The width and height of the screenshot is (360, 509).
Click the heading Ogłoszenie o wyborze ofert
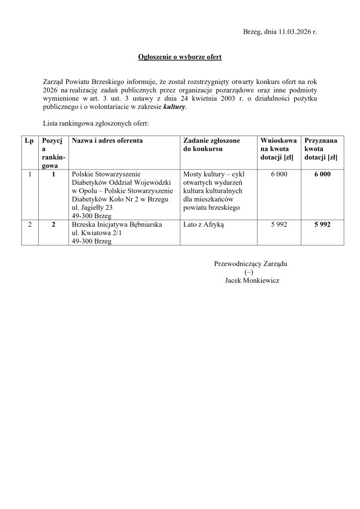(x=180, y=57)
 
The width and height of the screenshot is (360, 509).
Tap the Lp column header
(x=29, y=141)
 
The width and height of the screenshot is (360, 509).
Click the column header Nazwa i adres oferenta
(x=107, y=141)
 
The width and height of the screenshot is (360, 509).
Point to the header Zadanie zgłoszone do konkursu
(x=211, y=145)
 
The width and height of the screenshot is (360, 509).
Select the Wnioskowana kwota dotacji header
(x=278, y=149)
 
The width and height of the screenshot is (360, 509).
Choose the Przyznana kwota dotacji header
(x=321, y=149)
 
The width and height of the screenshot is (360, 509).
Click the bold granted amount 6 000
(x=322, y=174)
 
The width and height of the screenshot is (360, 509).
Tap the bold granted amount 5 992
(x=322, y=225)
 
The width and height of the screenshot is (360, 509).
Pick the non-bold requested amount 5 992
(x=279, y=225)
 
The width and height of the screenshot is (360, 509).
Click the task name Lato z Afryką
(x=204, y=225)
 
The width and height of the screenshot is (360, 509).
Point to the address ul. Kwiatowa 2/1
(x=95, y=233)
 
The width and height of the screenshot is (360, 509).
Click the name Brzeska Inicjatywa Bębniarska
(x=117, y=225)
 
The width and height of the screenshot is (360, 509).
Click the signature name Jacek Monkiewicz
(x=252, y=281)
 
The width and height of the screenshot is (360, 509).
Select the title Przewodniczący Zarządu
(x=251, y=264)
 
